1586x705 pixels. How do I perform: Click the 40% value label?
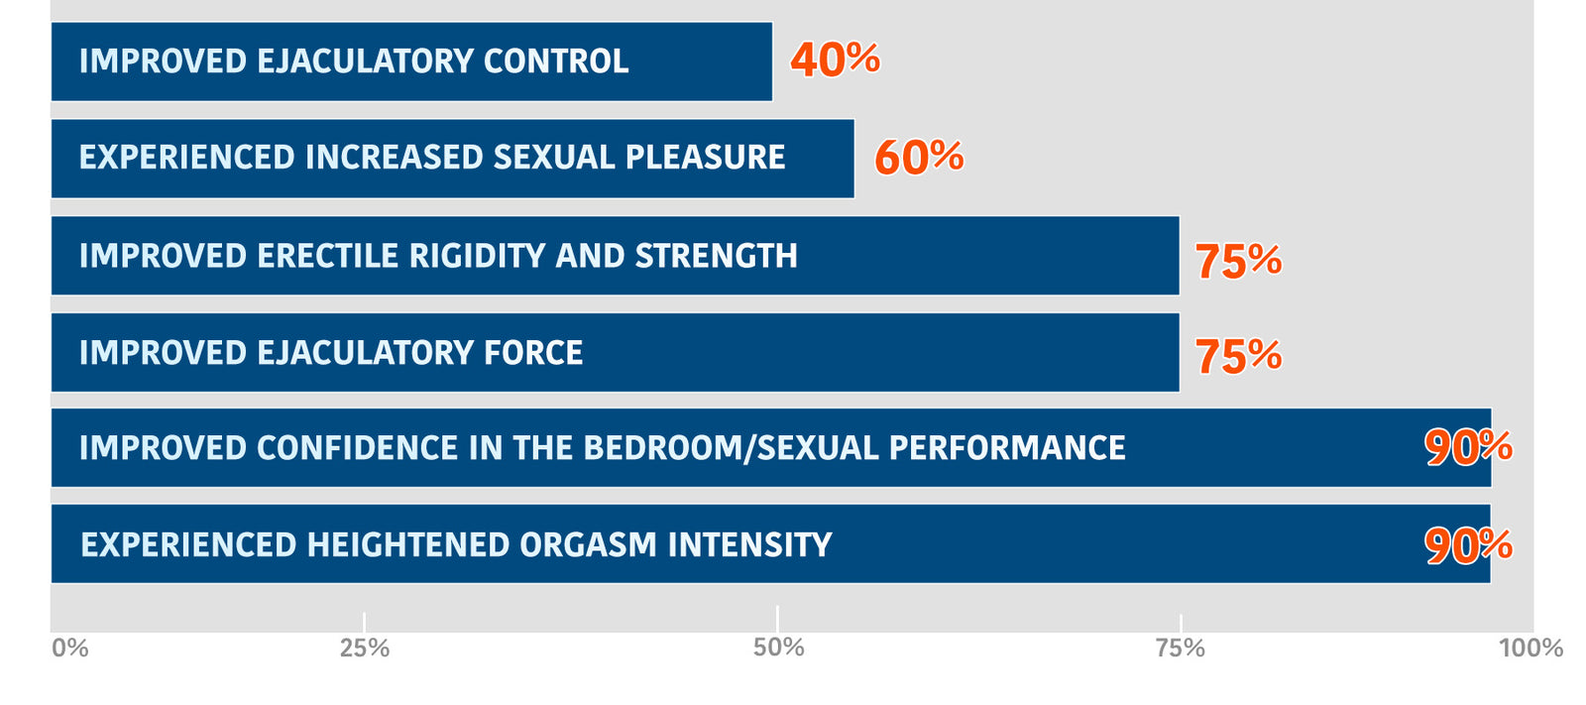835,59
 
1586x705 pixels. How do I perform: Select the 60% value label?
919,157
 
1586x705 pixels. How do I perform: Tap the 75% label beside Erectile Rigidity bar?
1238,261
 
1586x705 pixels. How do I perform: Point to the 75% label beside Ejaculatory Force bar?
1238,356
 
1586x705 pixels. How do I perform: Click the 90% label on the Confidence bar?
1468,447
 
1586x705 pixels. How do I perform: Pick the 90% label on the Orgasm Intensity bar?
1468,544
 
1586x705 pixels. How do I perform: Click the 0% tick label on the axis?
70,648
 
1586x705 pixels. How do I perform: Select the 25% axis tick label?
365,648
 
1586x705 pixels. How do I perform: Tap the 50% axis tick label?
778,647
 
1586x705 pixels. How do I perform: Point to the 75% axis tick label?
1181,648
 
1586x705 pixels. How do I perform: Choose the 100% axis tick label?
1530,648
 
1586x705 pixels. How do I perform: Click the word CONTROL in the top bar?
555,61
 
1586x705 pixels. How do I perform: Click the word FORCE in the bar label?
532,353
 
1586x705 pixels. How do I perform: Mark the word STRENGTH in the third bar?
716,256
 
